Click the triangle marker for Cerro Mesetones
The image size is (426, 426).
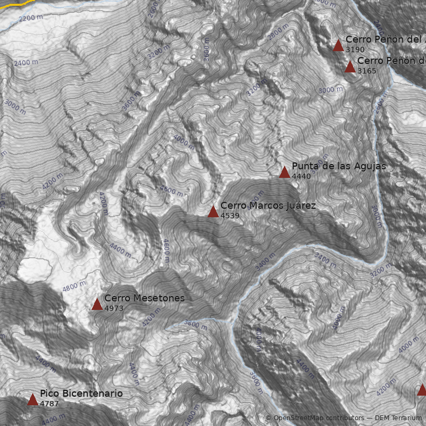coord(97,304)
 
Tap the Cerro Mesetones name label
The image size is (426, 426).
coord(144,298)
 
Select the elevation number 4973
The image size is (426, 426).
coord(114,308)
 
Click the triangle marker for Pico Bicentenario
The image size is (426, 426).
coord(32,399)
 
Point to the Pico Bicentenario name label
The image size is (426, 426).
coord(81,394)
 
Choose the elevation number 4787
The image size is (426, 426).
coord(50,404)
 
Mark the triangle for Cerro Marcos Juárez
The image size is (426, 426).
coord(213,211)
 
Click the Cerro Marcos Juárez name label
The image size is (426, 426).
coord(268,206)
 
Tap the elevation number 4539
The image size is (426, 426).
coord(230,216)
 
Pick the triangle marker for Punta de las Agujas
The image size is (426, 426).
coord(284,172)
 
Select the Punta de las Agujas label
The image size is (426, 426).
coord(339,166)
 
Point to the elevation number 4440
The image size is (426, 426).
coord(301,176)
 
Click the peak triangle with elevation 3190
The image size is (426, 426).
coord(338,45)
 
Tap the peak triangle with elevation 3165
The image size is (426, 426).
coord(350,67)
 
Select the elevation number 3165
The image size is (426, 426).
coord(367,71)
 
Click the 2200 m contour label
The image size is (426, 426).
coord(31,18)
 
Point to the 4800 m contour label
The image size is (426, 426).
coord(74,285)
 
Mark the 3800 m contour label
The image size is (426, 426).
coord(195,325)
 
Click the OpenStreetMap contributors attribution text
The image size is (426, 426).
coord(315,418)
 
